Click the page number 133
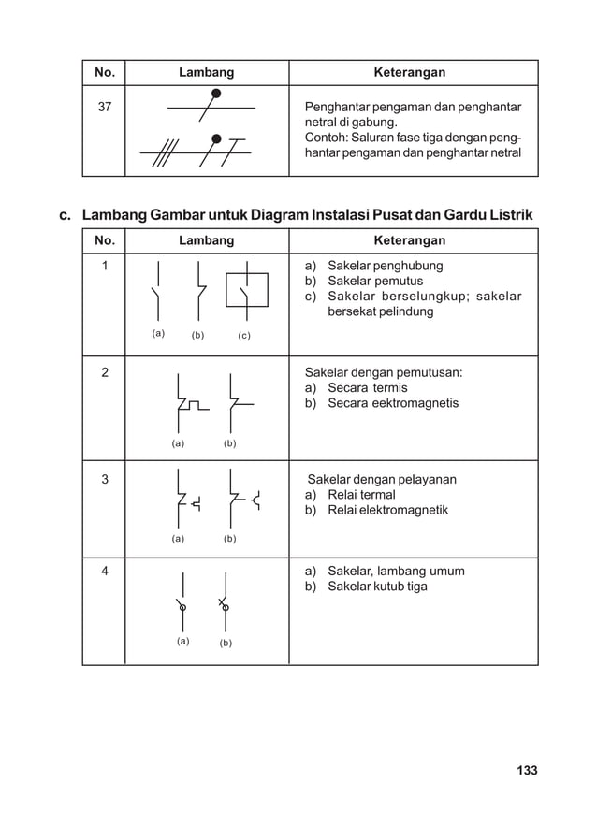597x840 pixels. [527, 771]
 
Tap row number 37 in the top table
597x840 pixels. [104, 107]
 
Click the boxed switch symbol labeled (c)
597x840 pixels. [246, 291]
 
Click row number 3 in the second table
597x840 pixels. [104, 480]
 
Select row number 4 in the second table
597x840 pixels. [104, 572]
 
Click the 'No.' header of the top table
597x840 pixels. [103, 72]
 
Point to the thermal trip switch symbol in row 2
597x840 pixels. [187, 403]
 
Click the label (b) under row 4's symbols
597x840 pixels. [226, 643]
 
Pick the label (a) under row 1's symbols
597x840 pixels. [158, 333]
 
